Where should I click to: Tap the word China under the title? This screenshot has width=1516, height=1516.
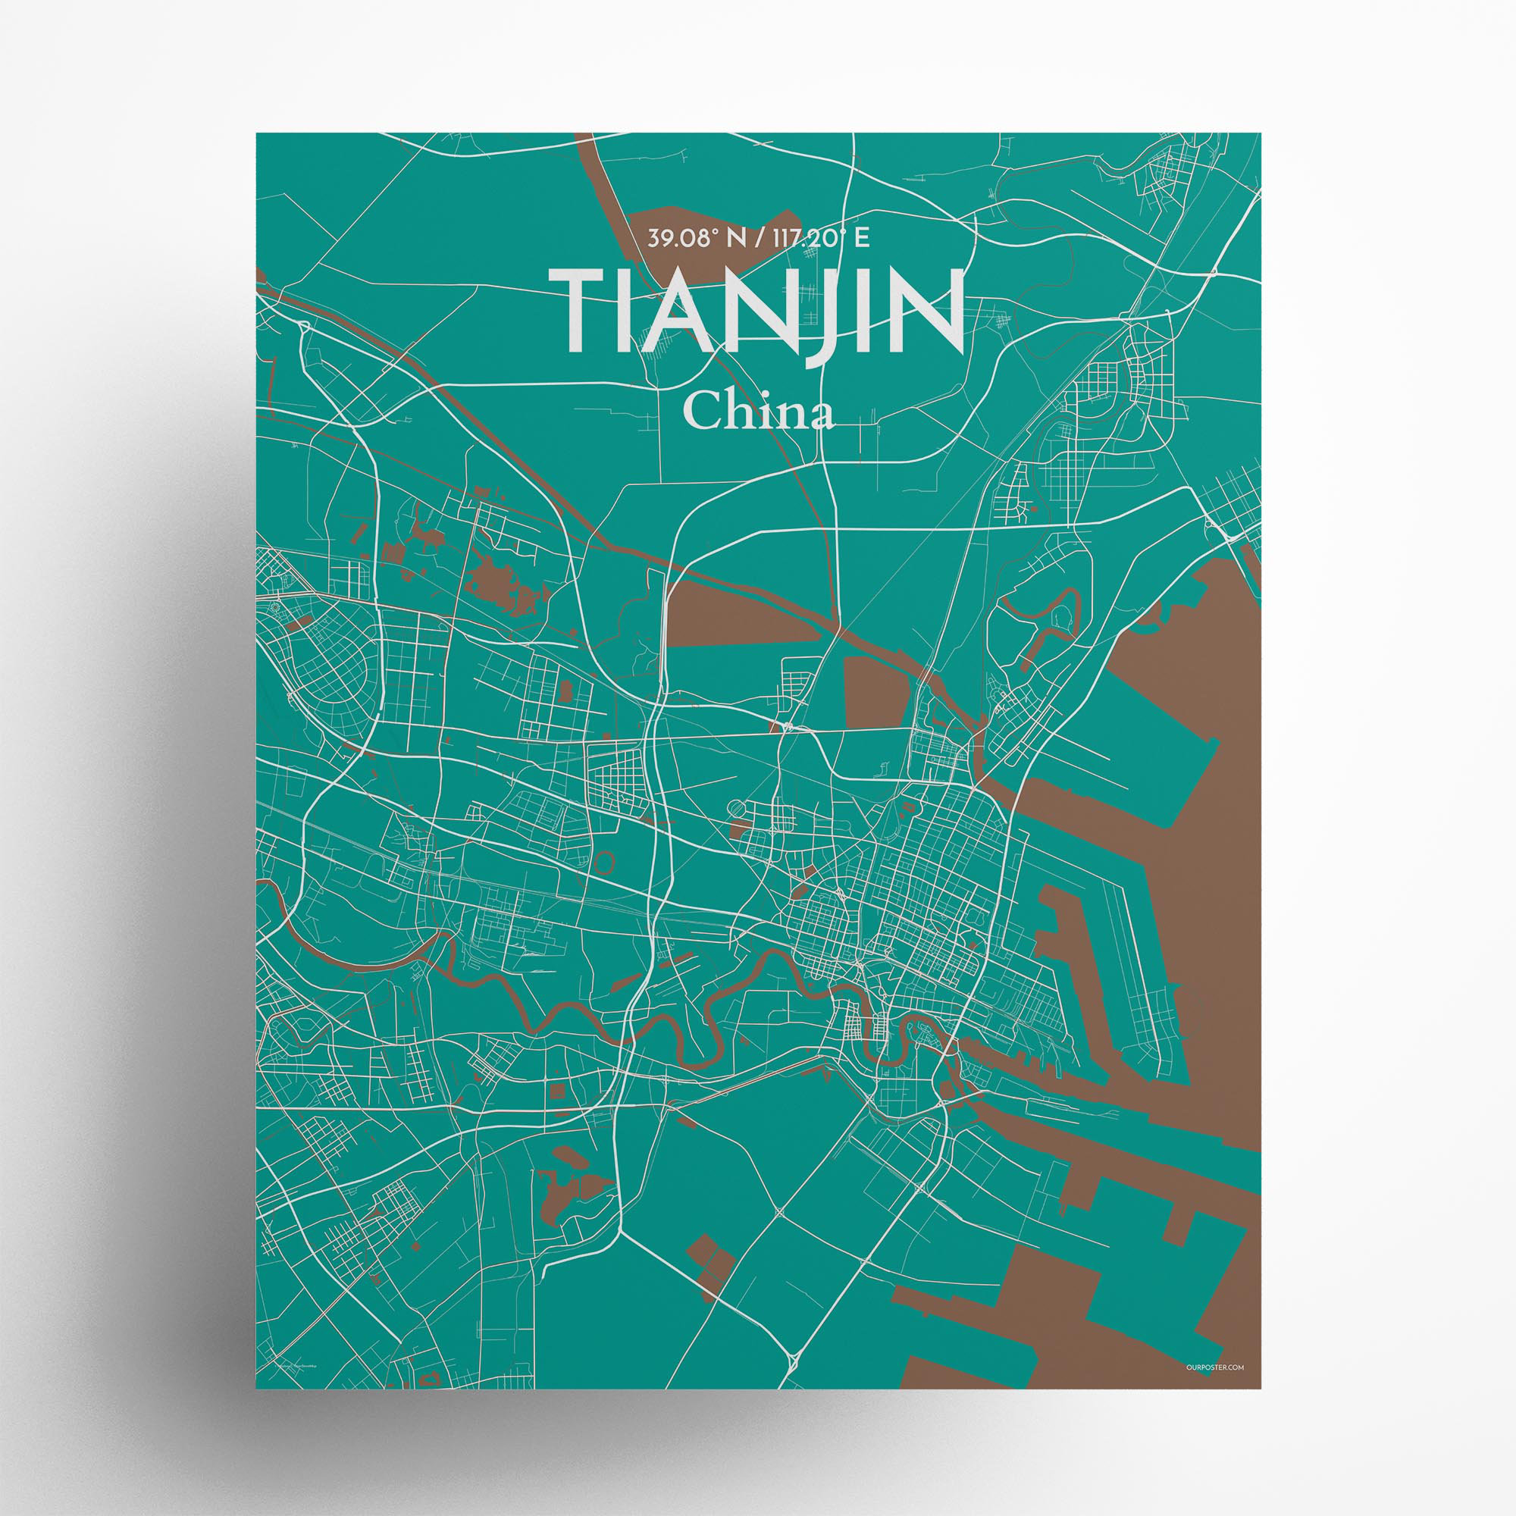(x=757, y=413)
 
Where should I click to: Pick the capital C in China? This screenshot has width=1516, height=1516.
(x=700, y=414)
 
